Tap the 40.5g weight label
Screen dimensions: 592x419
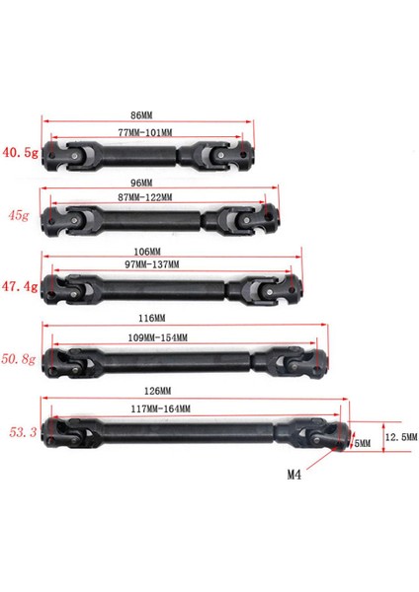[18, 153]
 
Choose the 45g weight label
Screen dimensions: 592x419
[18, 214]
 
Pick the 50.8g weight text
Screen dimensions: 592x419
[20, 361]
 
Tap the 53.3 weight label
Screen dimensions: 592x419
[20, 432]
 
